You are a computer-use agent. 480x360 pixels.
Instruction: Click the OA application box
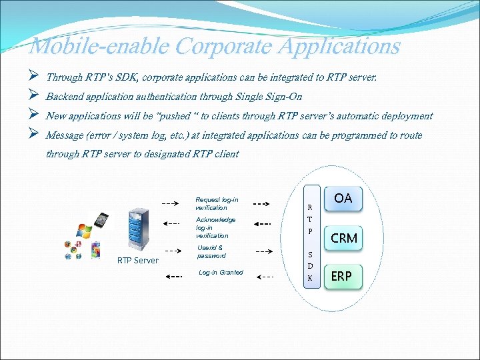[x=343, y=198]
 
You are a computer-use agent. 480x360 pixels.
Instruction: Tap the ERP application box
[x=341, y=275]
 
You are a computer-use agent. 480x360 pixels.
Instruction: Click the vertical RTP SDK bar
[x=310, y=237]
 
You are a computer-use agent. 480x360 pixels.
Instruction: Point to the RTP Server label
[x=137, y=261]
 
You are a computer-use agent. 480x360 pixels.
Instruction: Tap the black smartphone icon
[x=101, y=221]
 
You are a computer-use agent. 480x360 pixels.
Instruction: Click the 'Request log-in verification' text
[x=216, y=203]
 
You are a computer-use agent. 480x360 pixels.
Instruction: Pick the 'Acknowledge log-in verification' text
[x=215, y=227]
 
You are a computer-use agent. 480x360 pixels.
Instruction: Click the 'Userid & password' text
[x=211, y=252]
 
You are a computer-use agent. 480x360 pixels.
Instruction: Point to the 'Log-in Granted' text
[x=221, y=273]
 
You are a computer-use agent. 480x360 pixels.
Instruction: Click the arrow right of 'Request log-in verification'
[x=261, y=203]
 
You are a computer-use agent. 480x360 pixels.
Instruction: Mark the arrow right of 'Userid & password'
[x=263, y=252]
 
